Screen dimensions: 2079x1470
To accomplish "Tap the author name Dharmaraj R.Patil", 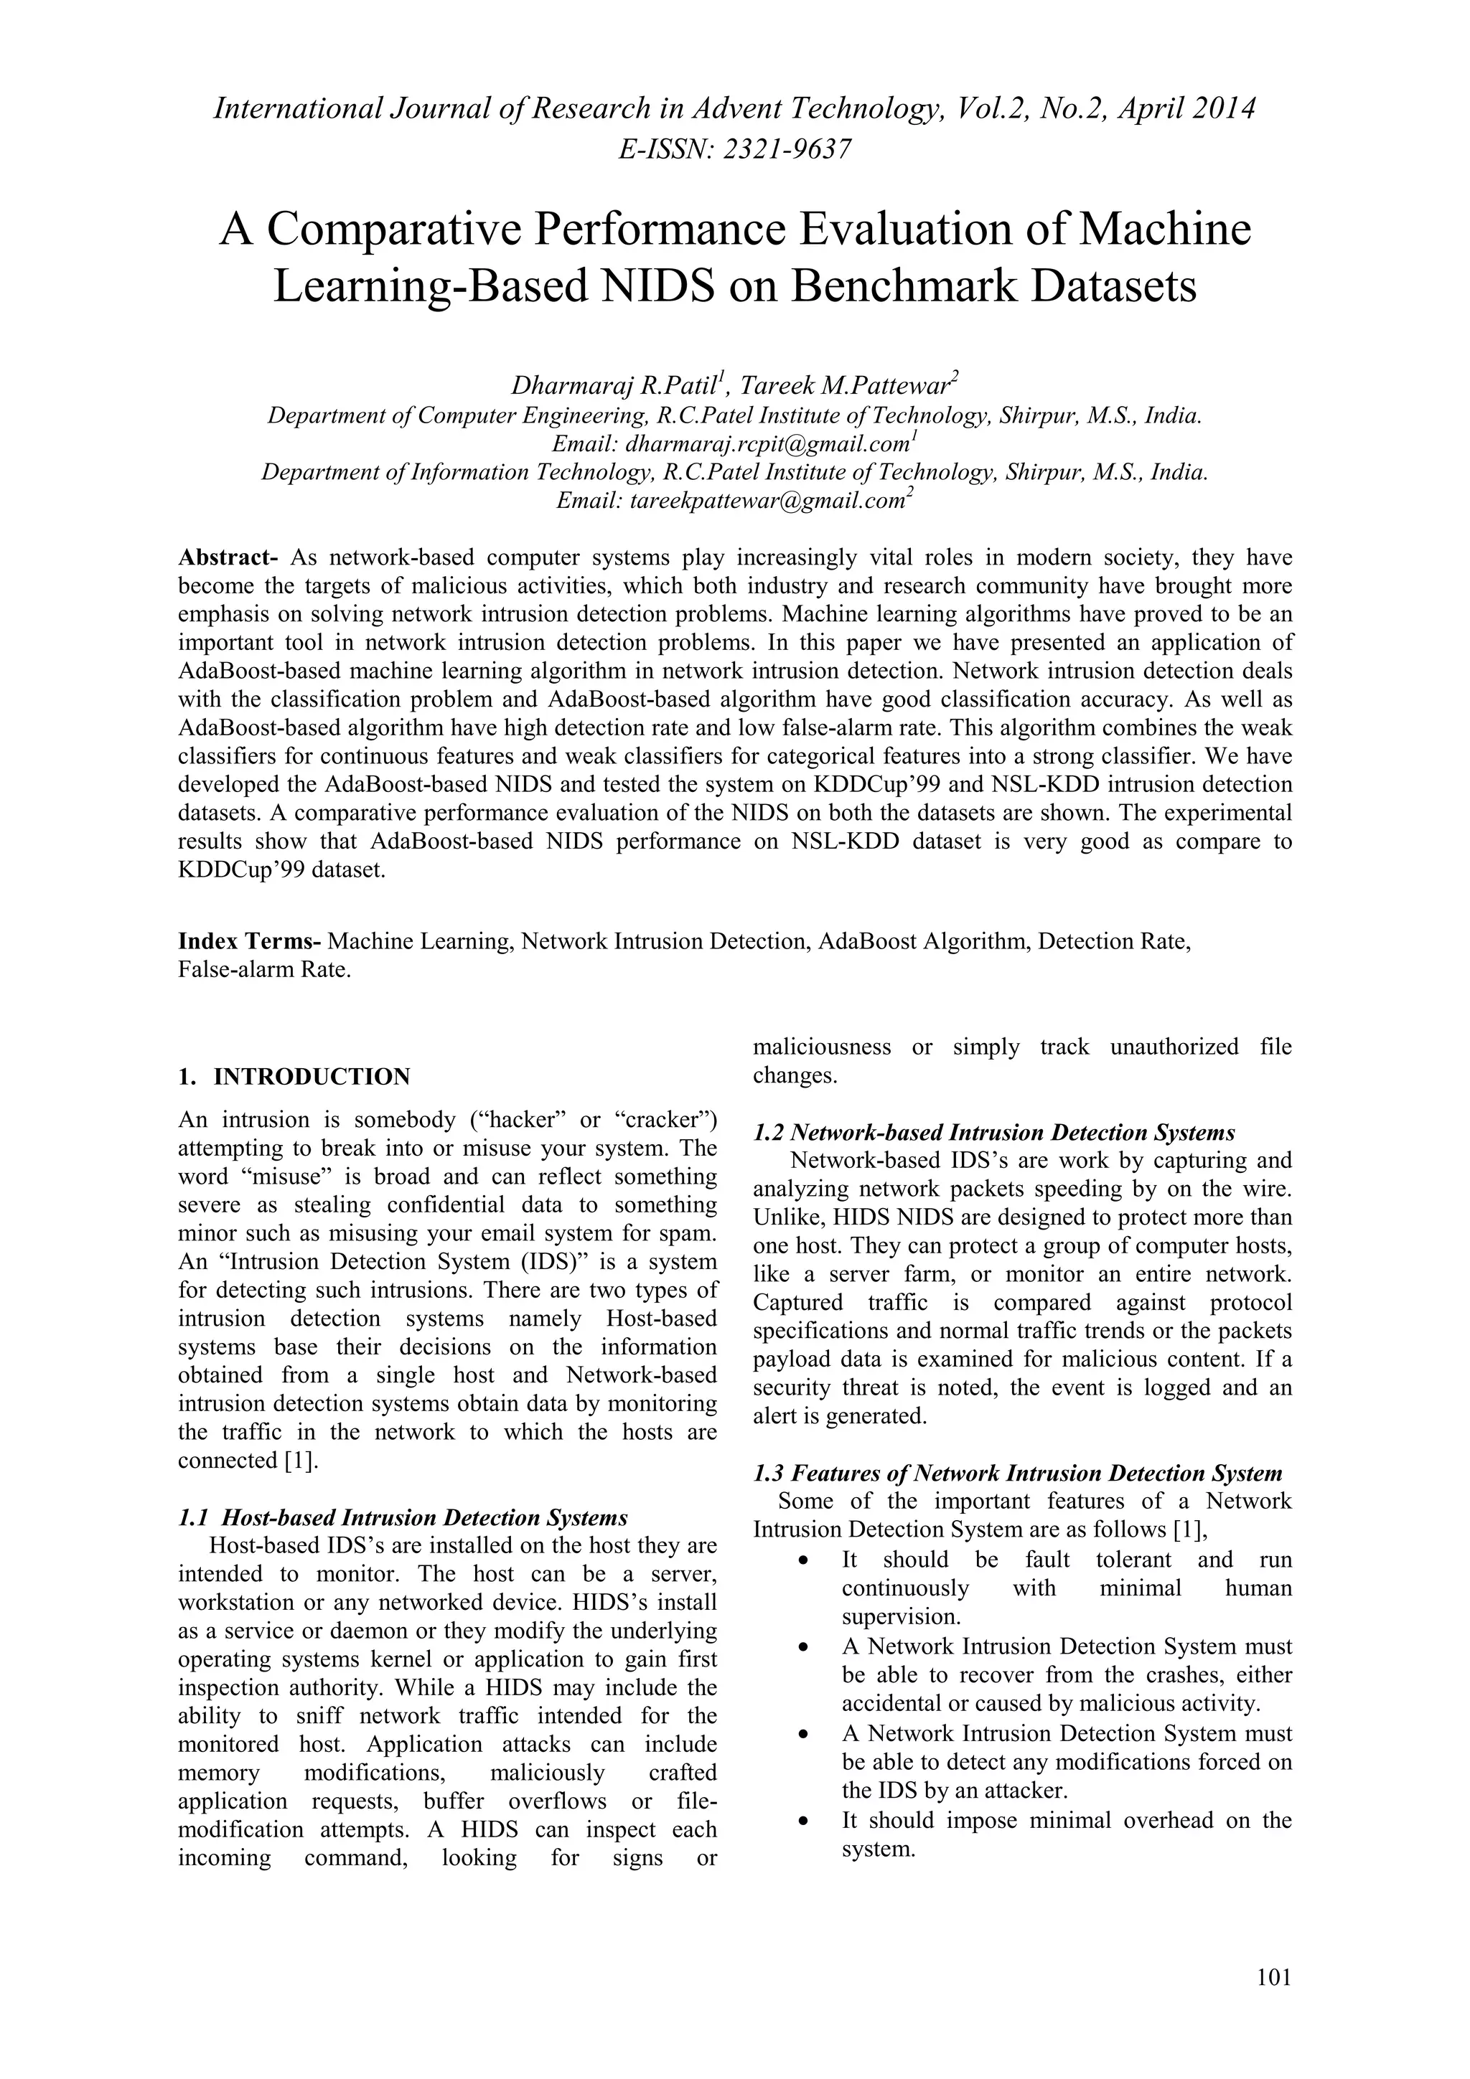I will (615, 386).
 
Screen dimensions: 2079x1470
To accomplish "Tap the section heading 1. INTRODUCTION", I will (294, 1077).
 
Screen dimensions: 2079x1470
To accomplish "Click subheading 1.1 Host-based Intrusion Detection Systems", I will (403, 1517).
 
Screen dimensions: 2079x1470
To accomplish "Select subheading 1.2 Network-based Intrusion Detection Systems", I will (993, 1133).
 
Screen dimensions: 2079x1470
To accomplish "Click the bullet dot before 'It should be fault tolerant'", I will (802, 1561).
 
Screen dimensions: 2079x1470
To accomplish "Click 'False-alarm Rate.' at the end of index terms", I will (263, 970).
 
